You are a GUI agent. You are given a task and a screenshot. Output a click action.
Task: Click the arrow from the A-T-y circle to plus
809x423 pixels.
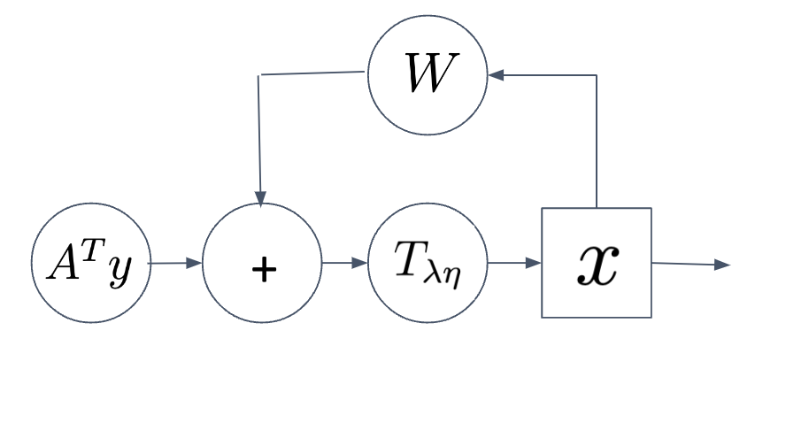pyautogui.click(x=175, y=263)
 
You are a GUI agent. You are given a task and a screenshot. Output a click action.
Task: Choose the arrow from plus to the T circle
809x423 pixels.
pyautogui.click(x=344, y=263)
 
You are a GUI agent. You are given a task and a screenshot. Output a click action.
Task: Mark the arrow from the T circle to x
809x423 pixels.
pyautogui.click(x=513, y=263)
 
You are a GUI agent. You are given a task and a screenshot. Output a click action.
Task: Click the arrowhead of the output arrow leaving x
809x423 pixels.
pyautogui.click(x=723, y=265)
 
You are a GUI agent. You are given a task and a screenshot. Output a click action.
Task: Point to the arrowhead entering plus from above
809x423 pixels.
pyautogui.click(x=260, y=196)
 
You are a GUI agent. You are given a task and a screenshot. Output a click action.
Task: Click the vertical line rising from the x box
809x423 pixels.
pyautogui.click(x=597, y=142)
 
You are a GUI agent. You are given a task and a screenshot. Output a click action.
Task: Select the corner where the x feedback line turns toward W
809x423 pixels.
pyautogui.click(x=597, y=75)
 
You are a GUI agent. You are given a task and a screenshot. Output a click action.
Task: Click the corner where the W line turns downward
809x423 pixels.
pyautogui.click(x=258, y=76)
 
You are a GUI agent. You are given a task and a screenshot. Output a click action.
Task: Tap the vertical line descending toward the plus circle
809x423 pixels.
pyautogui.click(x=259, y=133)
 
